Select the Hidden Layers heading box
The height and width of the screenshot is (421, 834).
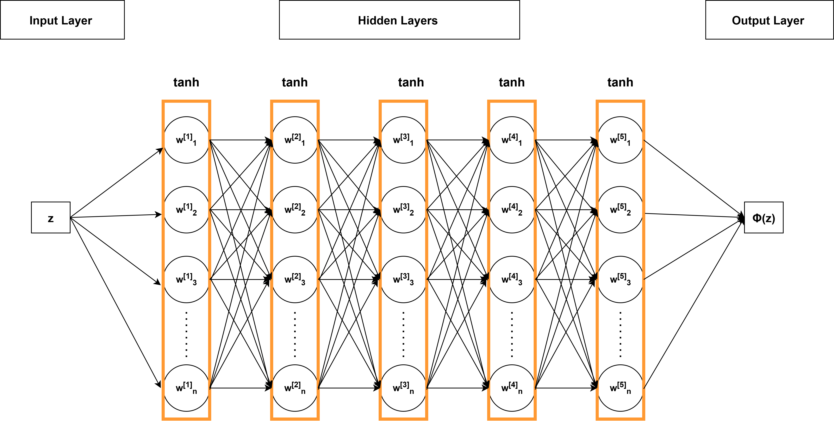399,20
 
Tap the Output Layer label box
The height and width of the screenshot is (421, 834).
769,20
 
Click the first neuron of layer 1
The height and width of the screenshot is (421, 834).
186,140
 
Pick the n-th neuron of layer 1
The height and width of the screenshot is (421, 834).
186,388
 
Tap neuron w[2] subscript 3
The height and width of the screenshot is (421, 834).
295,280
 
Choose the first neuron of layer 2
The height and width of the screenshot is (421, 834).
295,140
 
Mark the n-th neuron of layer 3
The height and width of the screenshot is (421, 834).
403,388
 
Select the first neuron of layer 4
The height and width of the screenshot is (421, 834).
512,140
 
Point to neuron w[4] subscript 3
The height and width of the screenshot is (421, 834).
512,280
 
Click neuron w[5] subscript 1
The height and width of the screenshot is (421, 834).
620,140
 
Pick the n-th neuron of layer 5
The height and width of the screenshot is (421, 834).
620,388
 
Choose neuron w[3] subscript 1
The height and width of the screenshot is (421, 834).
403,140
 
